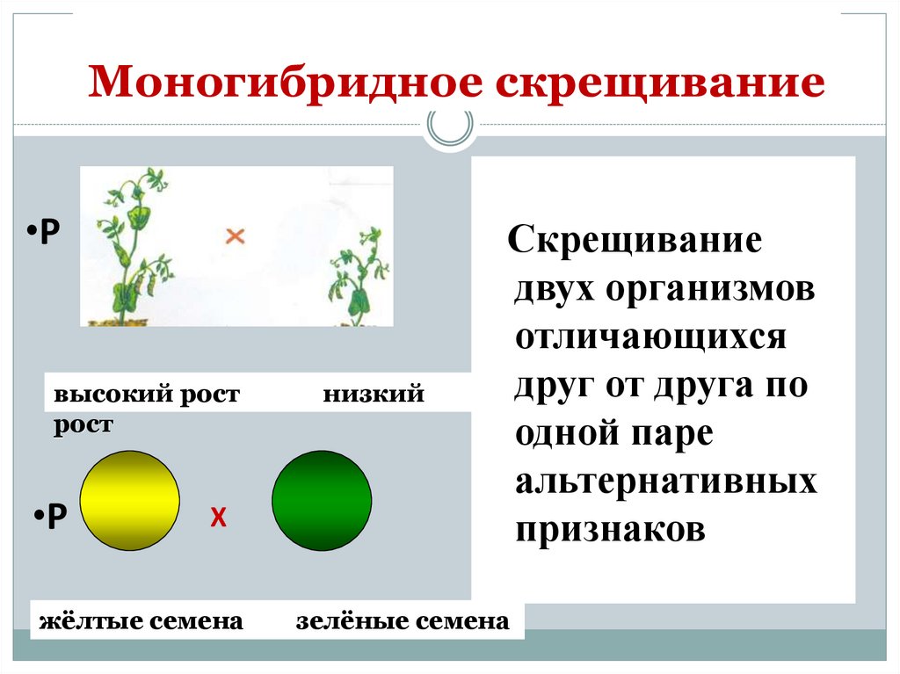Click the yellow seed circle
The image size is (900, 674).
point(130,501)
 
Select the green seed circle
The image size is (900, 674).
point(322,501)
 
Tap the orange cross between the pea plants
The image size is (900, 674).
point(235,235)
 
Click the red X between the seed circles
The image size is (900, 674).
point(218,518)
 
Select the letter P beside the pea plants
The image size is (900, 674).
point(50,231)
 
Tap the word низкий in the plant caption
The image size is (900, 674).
point(373,395)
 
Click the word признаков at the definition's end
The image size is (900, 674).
point(611,530)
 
